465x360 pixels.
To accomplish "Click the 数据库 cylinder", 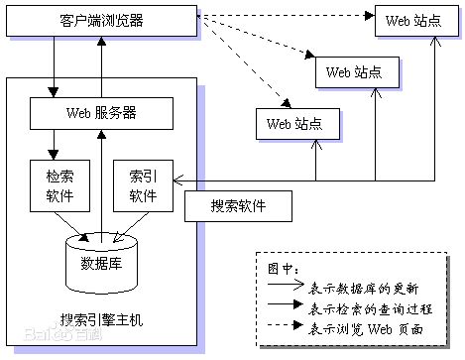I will pos(101,262).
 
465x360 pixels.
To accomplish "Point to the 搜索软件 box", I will pos(238,206).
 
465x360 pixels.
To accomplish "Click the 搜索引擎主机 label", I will pos(101,319).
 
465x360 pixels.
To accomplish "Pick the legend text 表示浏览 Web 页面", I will pos(367,328).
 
